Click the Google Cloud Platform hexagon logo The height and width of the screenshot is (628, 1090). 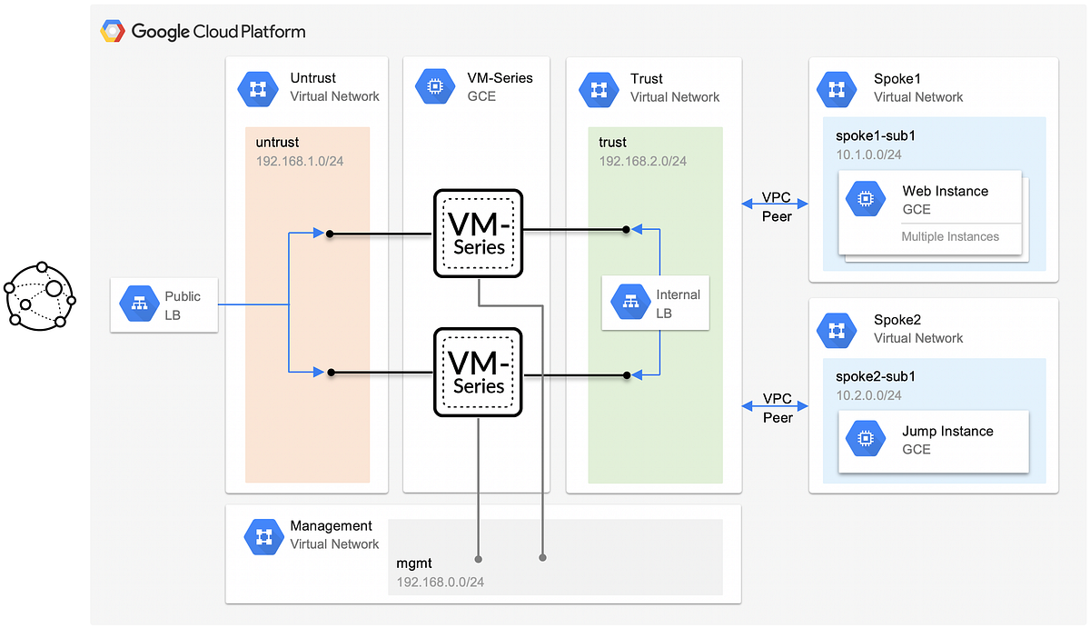pos(113,32)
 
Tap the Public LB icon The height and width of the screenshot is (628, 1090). pos(140,305)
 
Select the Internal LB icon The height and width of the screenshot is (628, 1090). pos(629,304)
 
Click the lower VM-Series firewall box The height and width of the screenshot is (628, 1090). pos(478,372)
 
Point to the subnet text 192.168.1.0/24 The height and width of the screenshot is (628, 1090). pos(299,161)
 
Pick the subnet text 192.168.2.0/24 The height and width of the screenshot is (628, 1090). pos(642,161)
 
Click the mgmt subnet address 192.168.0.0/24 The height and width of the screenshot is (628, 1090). pos(440,582)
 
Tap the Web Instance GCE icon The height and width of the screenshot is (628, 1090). pos(866,199)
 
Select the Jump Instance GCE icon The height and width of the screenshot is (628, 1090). pos(866,440)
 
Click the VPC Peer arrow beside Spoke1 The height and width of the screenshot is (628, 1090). pos(776,199)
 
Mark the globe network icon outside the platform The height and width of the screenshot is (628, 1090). pos(40,296)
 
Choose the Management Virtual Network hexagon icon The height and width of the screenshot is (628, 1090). pos(263,535)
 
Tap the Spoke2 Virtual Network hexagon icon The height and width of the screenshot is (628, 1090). pos(837,329)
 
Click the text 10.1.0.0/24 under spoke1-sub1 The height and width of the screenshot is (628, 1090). pos(868,155)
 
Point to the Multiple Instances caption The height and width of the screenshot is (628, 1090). pos(949,236)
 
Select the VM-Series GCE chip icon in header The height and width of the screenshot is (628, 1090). pos(434,87)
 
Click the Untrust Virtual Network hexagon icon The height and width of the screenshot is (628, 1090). pos(257,87)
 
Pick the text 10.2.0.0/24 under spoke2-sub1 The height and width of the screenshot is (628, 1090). pos(868,395)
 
